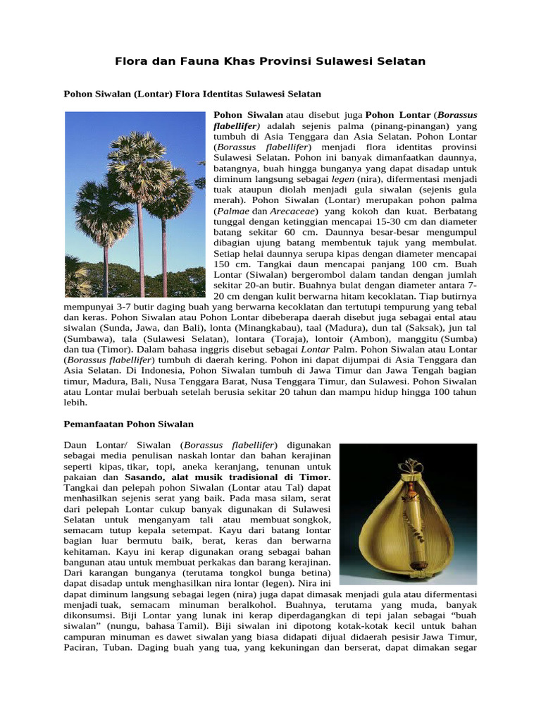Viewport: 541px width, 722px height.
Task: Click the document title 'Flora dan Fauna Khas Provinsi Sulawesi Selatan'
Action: [270, 61]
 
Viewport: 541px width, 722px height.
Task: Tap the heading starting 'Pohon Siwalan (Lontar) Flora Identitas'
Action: [192, 93]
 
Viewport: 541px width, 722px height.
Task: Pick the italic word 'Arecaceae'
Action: [290, 211]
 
